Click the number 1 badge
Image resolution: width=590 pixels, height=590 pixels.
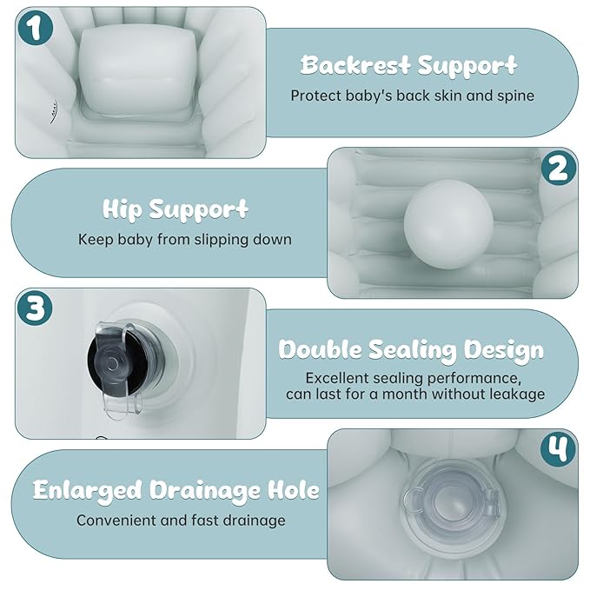36,28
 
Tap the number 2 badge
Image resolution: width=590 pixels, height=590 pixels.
559,169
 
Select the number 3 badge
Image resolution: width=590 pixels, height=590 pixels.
36,308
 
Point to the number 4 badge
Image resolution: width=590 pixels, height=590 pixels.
558,449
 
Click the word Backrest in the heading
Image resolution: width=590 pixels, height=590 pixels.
355,64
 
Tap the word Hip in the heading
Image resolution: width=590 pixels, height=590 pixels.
122,209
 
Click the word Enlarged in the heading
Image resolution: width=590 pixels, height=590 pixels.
87,491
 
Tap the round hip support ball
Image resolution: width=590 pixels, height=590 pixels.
448,224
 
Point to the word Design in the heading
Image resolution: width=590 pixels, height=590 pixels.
503,351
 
